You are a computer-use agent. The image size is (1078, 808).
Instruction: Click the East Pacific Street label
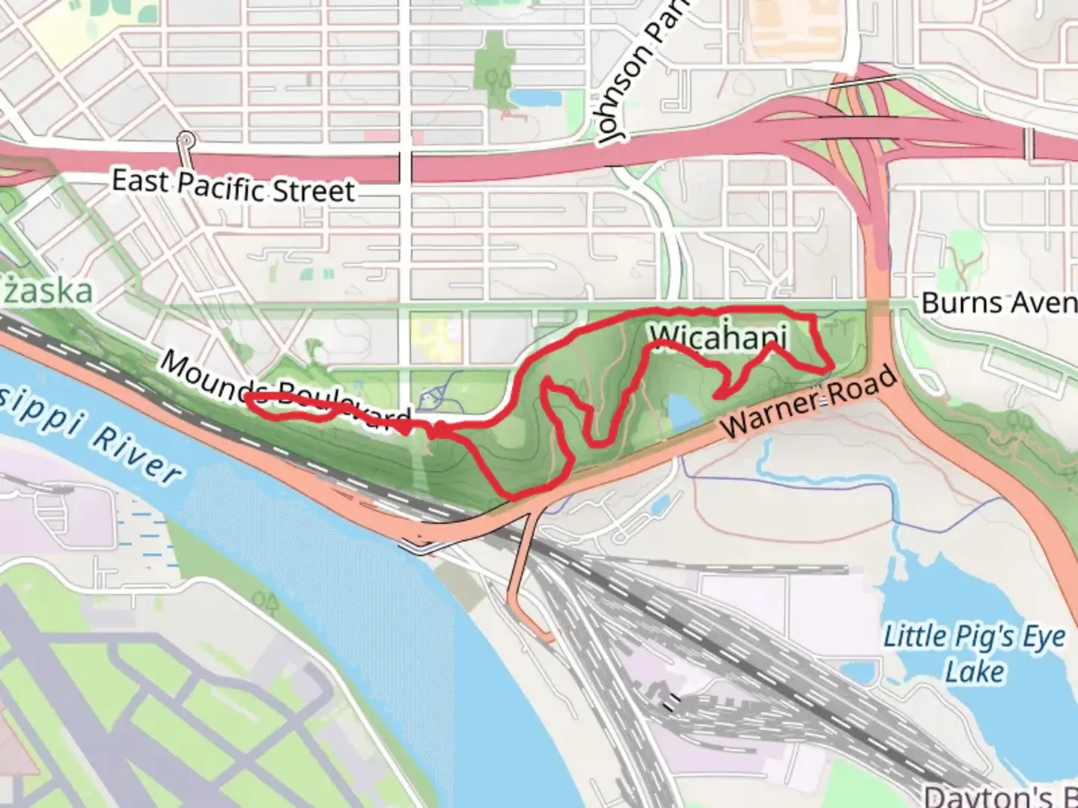click(x=233, y=186)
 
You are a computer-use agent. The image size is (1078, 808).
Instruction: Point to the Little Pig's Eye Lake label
click(x=974, y=653)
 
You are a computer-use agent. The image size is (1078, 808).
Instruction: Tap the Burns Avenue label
click(x=999, y=303)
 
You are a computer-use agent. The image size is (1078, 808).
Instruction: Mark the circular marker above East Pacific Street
click(x=186, y=140)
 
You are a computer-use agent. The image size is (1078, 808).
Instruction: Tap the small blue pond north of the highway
click(x=530, y=97)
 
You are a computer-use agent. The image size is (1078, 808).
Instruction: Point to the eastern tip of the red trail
click(x=832, y=368)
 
